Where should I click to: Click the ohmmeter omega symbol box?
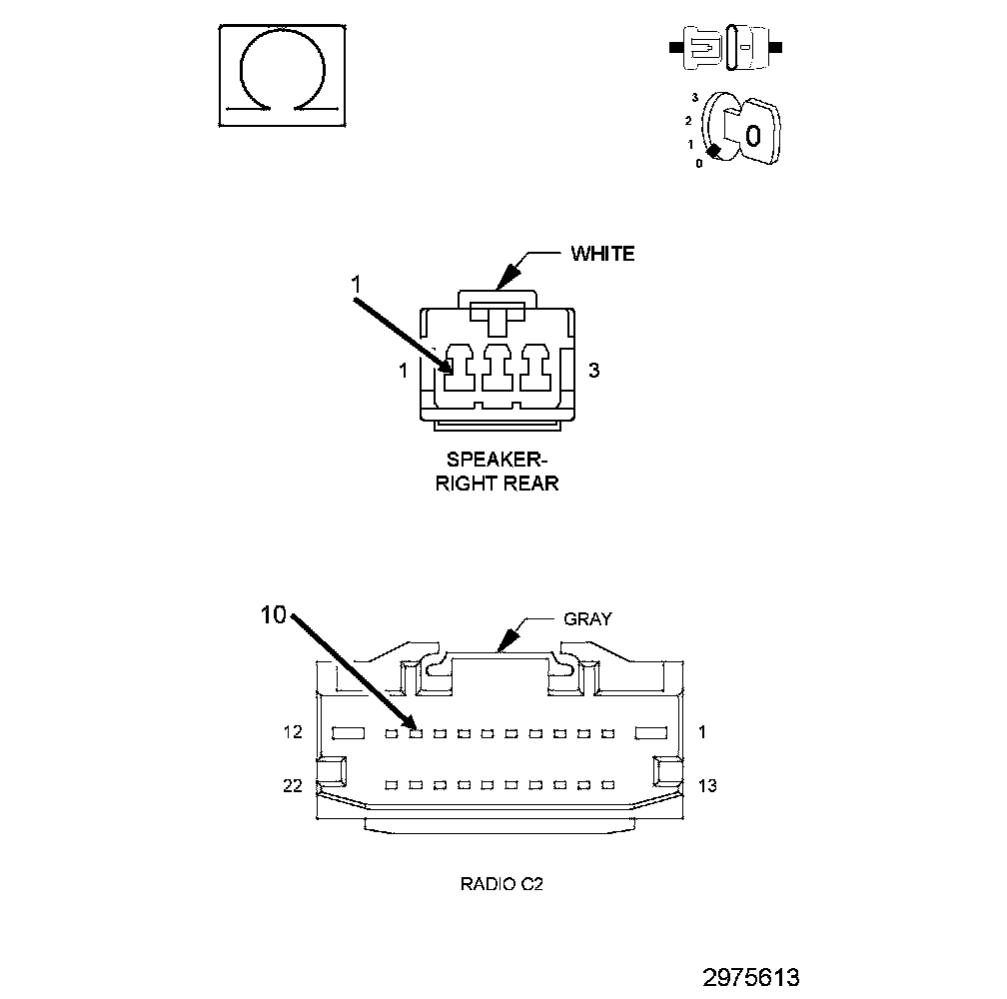(284, 76)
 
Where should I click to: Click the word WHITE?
(602, 254)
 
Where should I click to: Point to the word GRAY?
(587, 618)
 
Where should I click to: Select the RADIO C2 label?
(502, 884)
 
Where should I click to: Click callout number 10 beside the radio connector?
(273, 615)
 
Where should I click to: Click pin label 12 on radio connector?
(292, 732)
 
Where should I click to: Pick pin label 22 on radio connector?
(292, 786)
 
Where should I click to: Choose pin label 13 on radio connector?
(706, 786)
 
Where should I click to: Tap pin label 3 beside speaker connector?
(593, 371)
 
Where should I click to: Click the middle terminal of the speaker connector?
(498, 369)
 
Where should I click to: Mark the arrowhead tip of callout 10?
(414, 727)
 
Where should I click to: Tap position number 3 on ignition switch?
(693, 98)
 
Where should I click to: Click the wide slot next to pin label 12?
(349, 733)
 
